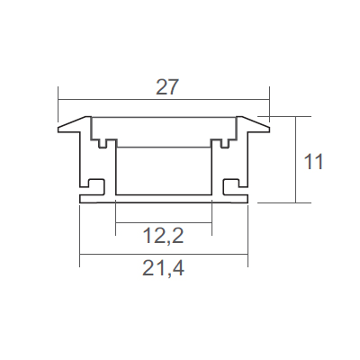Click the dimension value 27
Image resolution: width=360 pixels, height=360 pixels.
point(167,87)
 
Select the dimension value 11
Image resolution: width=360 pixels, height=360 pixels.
point(313,162)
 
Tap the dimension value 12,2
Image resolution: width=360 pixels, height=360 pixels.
point(163,236)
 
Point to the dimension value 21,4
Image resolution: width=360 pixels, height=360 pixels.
point(163,268)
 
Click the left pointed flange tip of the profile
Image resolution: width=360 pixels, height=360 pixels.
point(58,130)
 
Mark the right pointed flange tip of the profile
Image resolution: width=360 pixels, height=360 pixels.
point(269,130)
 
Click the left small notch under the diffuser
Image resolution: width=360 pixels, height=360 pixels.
point(103,144)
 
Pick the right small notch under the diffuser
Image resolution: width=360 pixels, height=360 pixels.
point(224,144)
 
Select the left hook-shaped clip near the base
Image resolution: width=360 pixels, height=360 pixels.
point(96,186)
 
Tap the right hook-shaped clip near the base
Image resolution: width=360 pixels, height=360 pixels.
point(231,186)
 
